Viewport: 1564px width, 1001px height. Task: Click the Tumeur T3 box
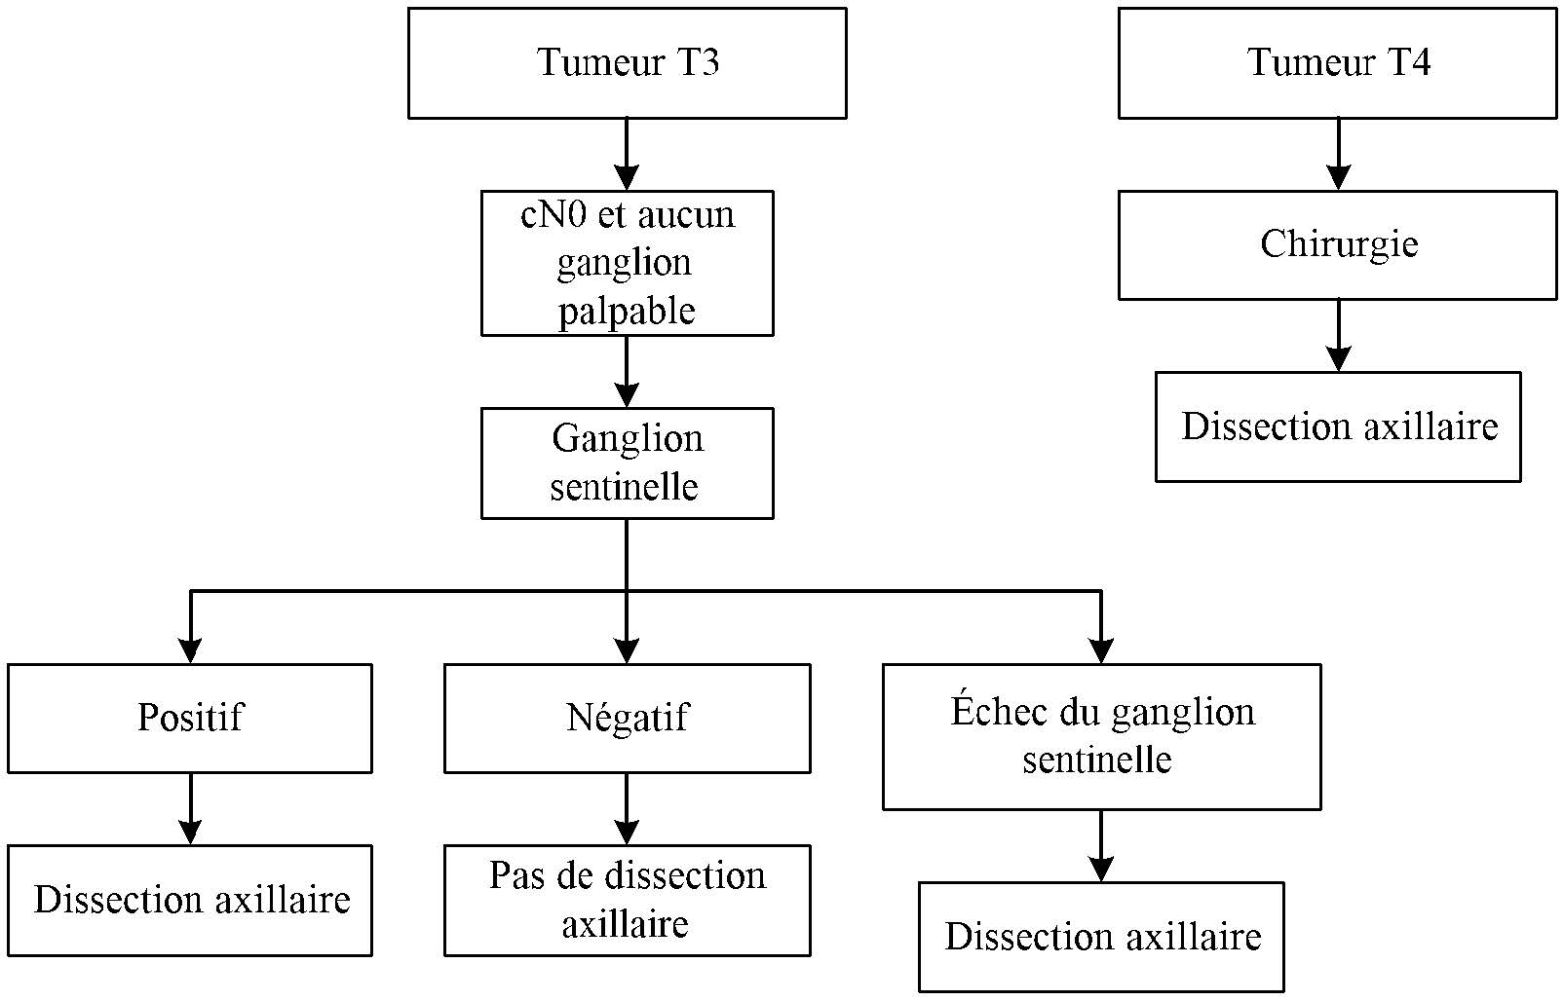[627, 63]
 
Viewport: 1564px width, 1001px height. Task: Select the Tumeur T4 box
[1337, 63]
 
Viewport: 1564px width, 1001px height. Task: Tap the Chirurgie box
[1337, 244]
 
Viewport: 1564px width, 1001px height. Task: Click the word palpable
[627, 312]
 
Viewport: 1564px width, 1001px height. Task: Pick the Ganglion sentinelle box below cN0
[627, 463]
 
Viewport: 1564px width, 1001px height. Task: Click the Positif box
[190, 718]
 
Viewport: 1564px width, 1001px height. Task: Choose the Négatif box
[627, 718]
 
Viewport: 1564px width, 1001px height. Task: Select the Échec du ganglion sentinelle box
[1101, 736]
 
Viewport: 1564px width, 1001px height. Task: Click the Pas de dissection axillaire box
[627, 900]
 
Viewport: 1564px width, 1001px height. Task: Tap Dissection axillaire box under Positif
[190, 900]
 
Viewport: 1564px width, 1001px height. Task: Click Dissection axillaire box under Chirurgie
[1338, 426]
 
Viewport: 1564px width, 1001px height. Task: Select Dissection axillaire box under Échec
[1101, 937]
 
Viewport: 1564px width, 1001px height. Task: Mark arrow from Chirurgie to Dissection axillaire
[1338, 335]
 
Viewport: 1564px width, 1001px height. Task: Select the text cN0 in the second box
[553, 215]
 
